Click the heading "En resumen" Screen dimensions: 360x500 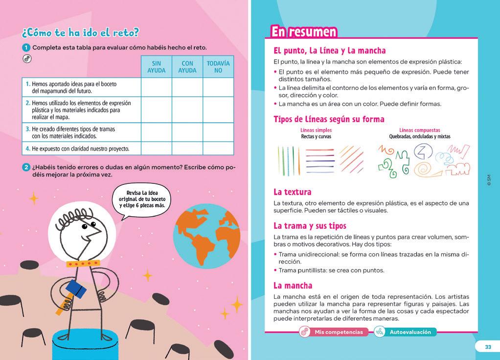pos(304,32)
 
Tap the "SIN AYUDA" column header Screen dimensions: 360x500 pos(157,67)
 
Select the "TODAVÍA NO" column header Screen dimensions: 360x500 pos(218,67)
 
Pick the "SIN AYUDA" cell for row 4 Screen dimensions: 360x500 pos(157,148)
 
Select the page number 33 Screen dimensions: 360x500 pos(487,347)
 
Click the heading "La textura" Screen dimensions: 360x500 pos(293,192)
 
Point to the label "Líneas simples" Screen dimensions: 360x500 pos(316,130)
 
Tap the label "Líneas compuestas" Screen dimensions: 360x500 pos(420,130)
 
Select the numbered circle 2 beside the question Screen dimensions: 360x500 pos(26,167)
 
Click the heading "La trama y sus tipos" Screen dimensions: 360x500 pos(310,225)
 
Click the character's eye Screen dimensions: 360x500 pos(84,226)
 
